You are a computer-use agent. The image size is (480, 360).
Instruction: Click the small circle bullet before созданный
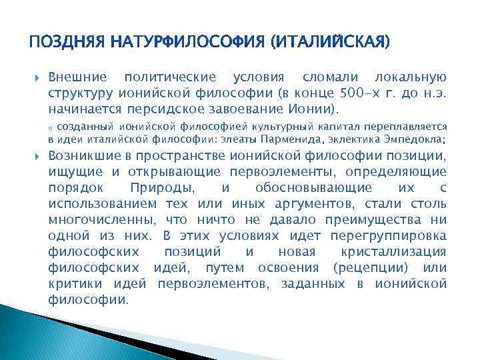[51, 126]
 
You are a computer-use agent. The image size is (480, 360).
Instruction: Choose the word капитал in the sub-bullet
[323, 125]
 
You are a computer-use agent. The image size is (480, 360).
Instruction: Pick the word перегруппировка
[394, 236]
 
